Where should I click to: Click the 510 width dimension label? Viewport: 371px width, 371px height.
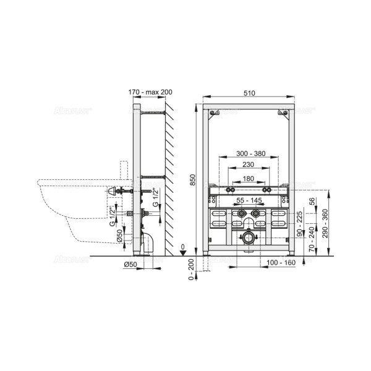point(249,93)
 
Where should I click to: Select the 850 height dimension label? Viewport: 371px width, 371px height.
point(192,179)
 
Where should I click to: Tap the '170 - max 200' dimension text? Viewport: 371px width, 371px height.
point(150,93)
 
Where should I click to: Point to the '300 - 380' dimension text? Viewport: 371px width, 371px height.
point(247,154)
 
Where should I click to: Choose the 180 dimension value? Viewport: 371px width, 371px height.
point(248,178)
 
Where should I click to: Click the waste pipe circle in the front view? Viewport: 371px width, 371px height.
point(248,237)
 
